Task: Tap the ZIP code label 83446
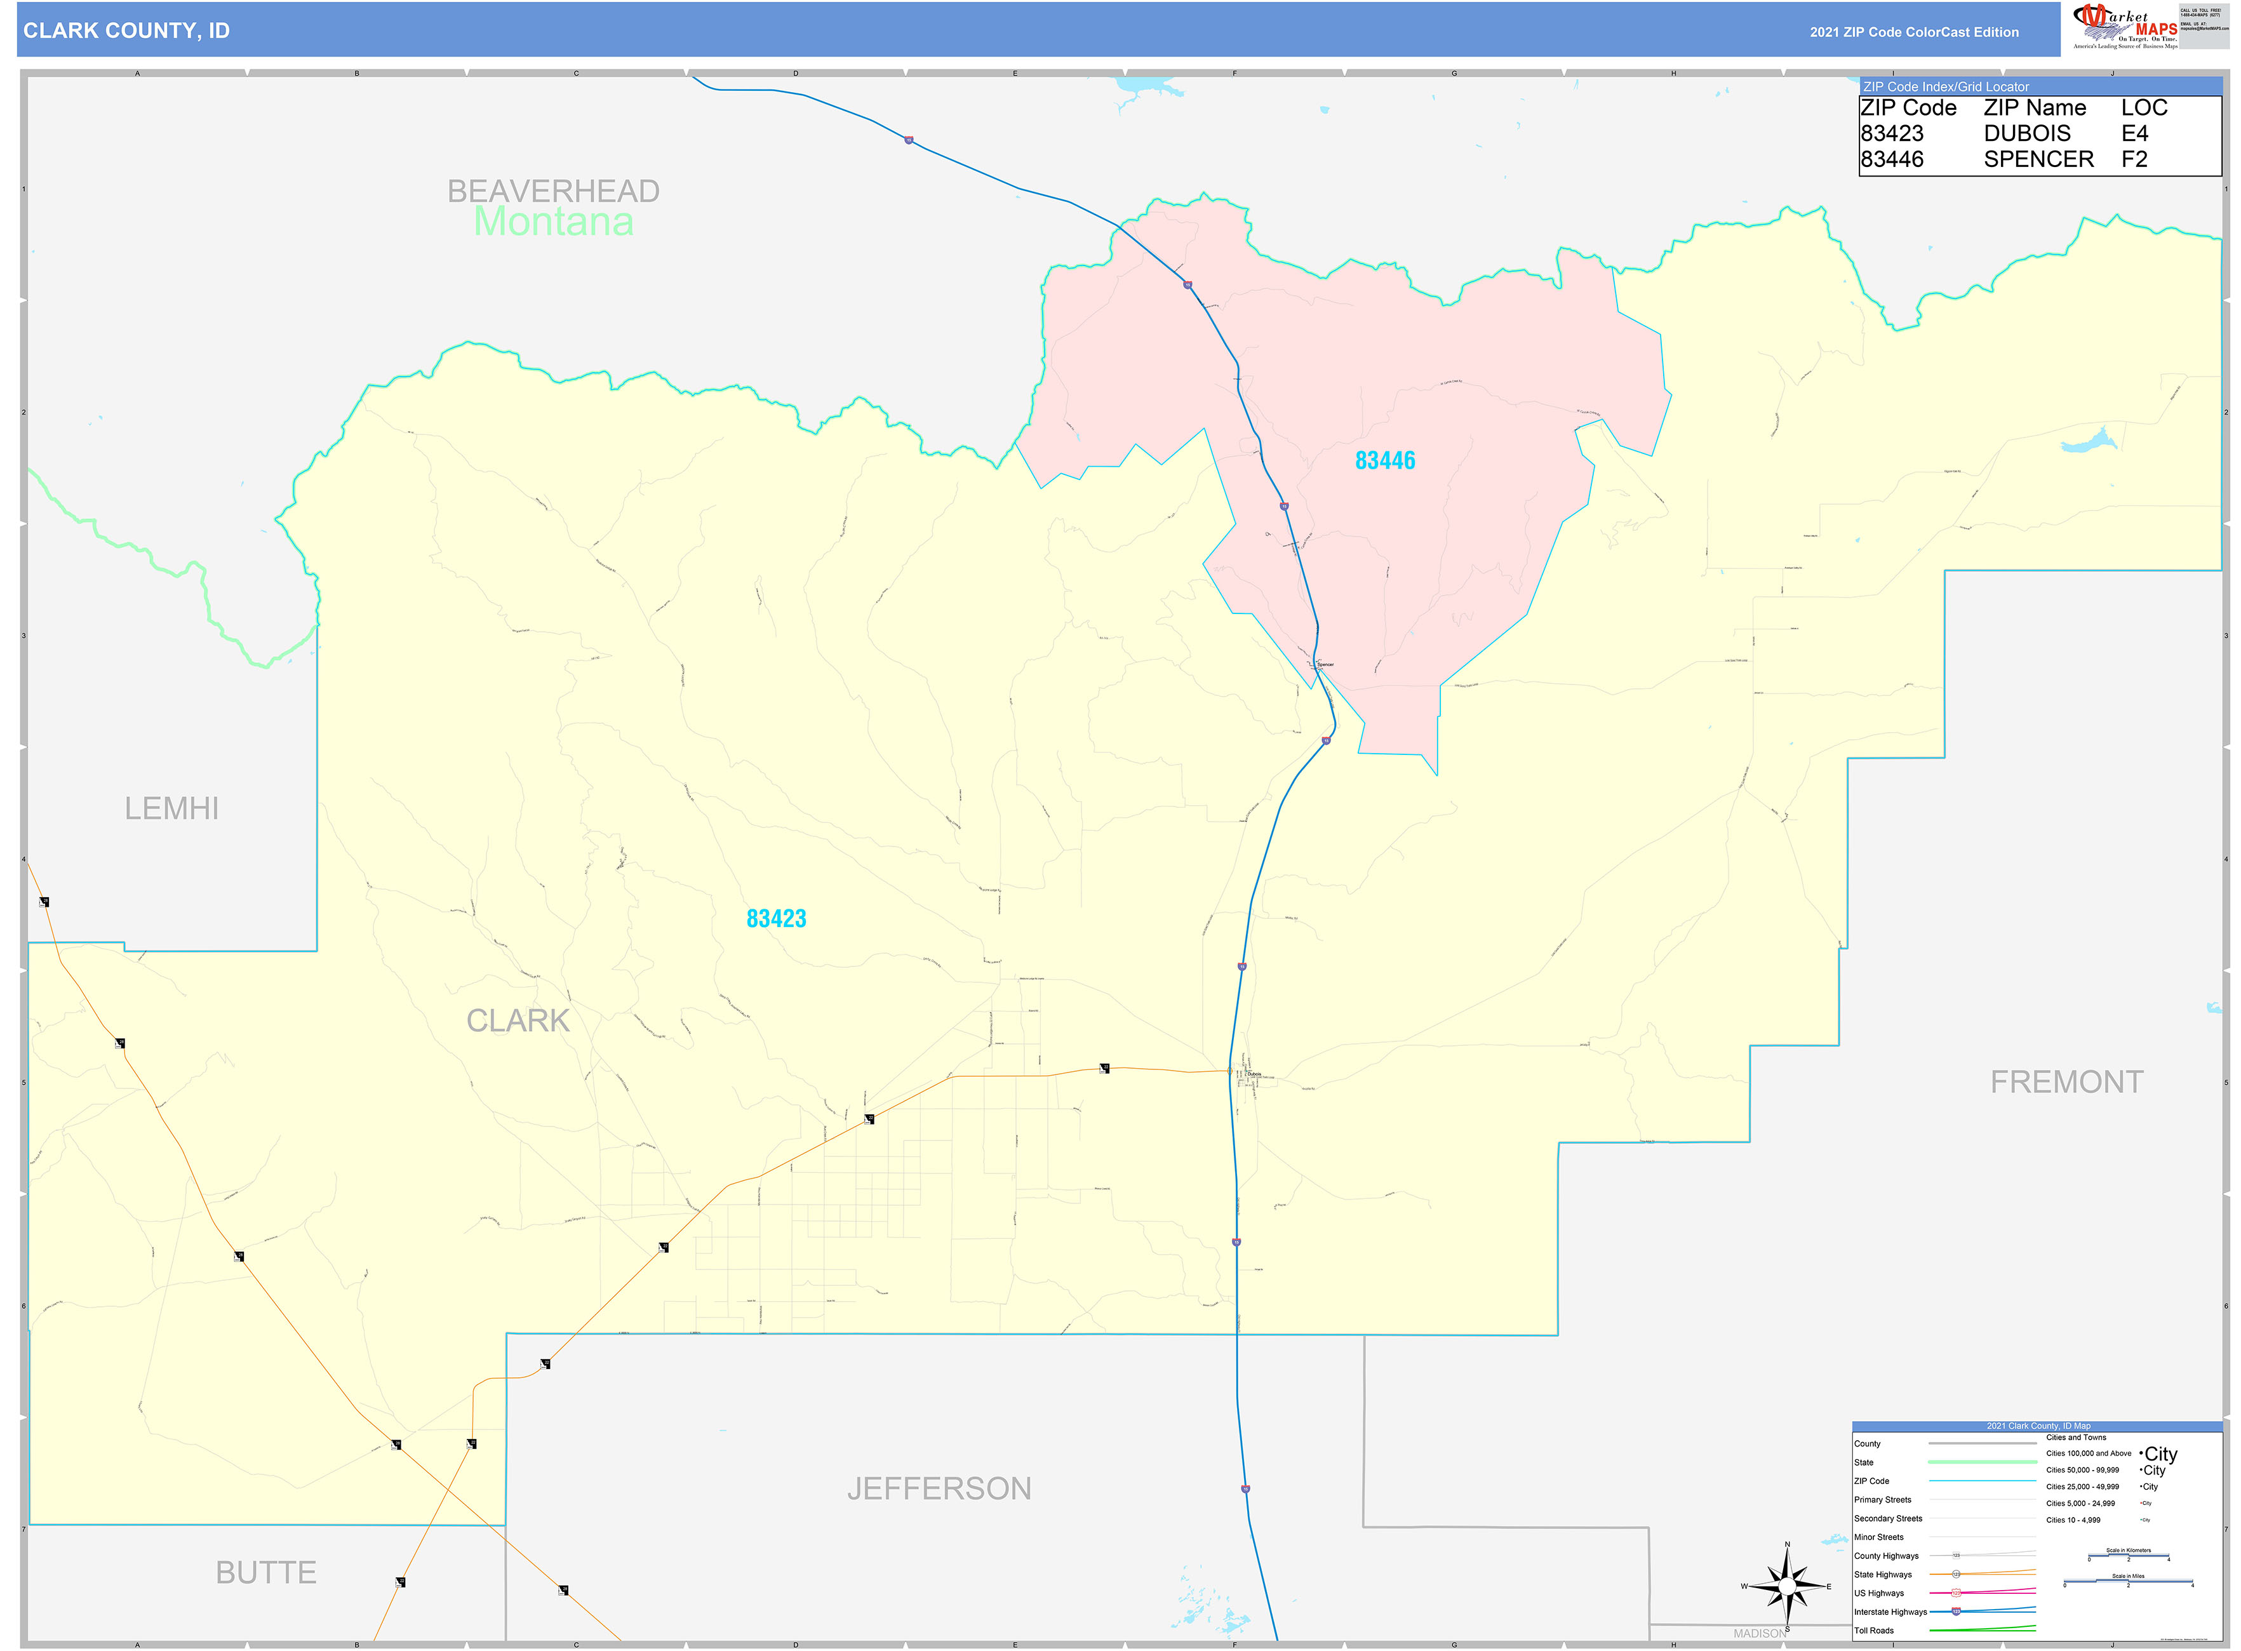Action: click(1384, 461)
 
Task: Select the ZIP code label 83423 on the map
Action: click(775, 918)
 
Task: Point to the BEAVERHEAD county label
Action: click(552, 191)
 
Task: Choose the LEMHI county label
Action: click(171, 808)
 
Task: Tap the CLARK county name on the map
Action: click(518, 1020)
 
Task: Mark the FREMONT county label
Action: click(2066, 1081)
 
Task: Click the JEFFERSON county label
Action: click(939, 1488)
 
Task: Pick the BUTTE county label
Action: click(266, 1572)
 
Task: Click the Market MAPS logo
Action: click(2124, 27)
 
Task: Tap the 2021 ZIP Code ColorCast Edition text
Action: click(1913, 32)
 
